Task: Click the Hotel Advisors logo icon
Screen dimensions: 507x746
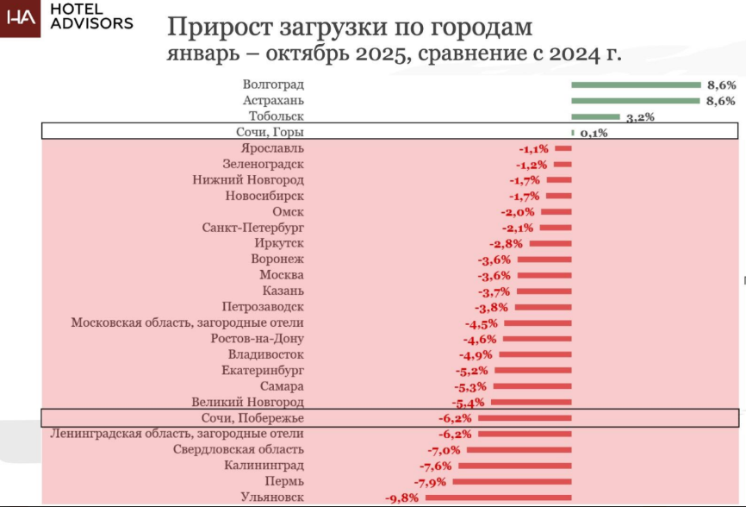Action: click(x=21, y=19)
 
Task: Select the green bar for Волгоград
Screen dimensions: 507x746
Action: click(x=636, y=84)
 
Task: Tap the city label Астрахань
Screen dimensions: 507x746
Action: click(x=273, y=101)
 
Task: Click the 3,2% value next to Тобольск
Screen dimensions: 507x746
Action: click(x=640, y=118)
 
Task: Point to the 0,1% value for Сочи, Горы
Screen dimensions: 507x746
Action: click(x=594, y=133)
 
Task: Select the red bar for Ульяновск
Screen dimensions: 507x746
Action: click(x=498, y=498)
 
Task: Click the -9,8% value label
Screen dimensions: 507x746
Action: click(x=401, y=498)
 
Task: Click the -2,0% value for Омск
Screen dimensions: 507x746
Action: click(x=517, y=212)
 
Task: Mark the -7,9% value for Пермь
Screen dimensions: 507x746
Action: click(x=431, y=481)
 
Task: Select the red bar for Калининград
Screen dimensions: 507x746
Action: click(x=513, y=466)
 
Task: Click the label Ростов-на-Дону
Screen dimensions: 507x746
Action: click(x=257, y=339)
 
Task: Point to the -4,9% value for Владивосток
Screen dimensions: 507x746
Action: click(x=477, y=354)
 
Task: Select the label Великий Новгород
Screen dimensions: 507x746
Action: click(x=247, y=403)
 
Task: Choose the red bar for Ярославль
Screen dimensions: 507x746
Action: click(x=563, y=148)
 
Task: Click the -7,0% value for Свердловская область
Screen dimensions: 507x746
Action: click(x=443, y=450)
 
